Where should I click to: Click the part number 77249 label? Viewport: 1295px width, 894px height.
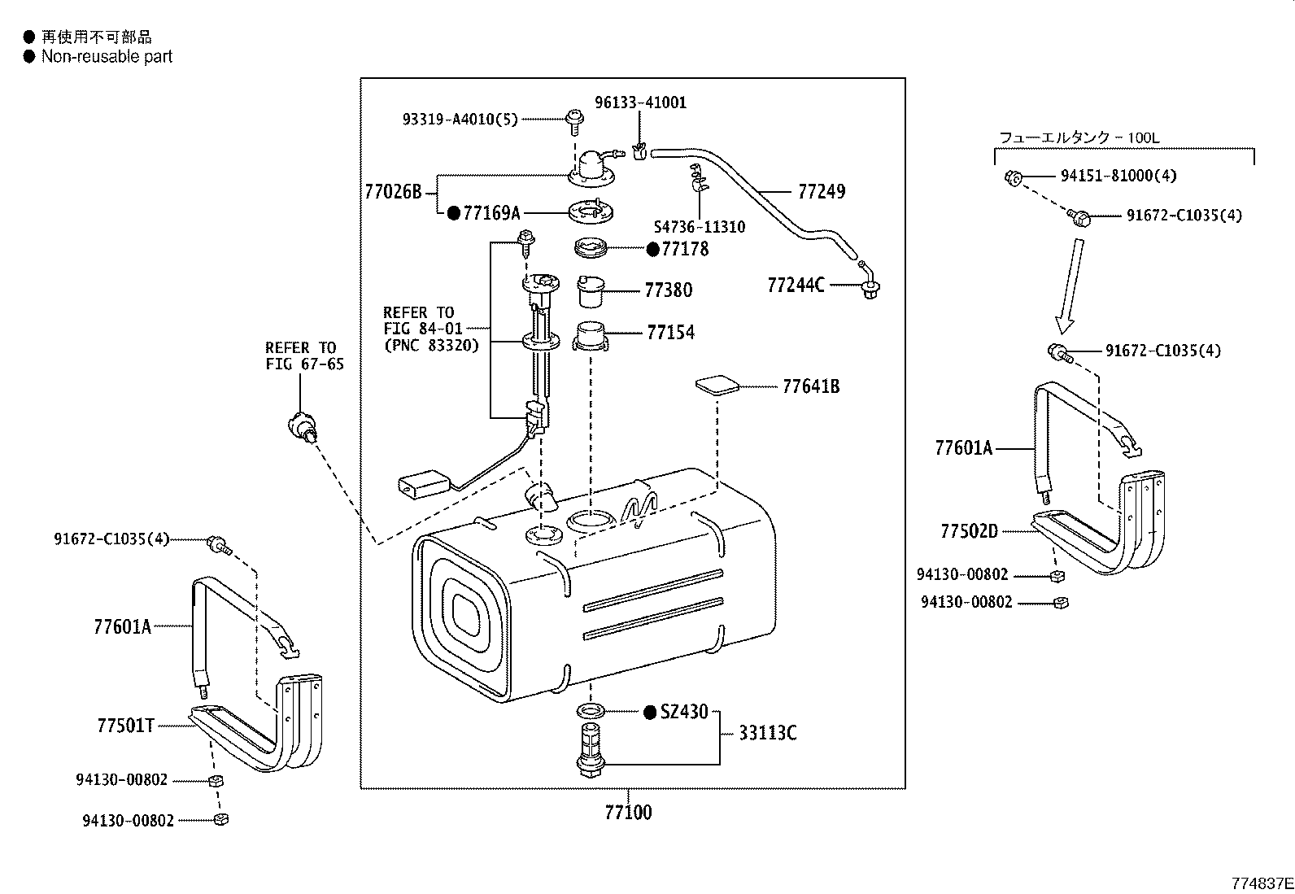[x=822, y=192]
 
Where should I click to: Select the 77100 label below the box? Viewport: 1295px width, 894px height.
[x=628, y=812]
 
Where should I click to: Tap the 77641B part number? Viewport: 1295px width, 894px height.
[x=810, y=386]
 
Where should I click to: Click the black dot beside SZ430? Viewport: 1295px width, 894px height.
[x=649, y=713]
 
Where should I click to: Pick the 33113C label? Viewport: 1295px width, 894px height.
[x=767, y=734]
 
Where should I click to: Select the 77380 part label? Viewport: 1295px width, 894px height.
[x=668, y=290]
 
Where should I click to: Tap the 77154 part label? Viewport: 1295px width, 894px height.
[x=670, y=333]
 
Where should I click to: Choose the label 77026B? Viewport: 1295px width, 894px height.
[x=393, y=192]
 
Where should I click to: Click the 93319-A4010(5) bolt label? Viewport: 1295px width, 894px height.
[x=460, y=119]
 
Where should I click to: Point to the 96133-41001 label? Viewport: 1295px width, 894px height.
[x=640, y=102]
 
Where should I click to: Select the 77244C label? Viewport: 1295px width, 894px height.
[x=796, y=285]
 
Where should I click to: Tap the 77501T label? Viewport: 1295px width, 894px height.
[x=125, y=726]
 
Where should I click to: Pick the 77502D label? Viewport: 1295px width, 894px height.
[x=969, y=531]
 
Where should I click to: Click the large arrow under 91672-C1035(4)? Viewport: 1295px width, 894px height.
[x=1070, y=285]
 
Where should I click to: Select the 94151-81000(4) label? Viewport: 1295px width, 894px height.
[x=1118, y=176]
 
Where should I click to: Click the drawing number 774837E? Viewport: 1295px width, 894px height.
[x=1261, y=883]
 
